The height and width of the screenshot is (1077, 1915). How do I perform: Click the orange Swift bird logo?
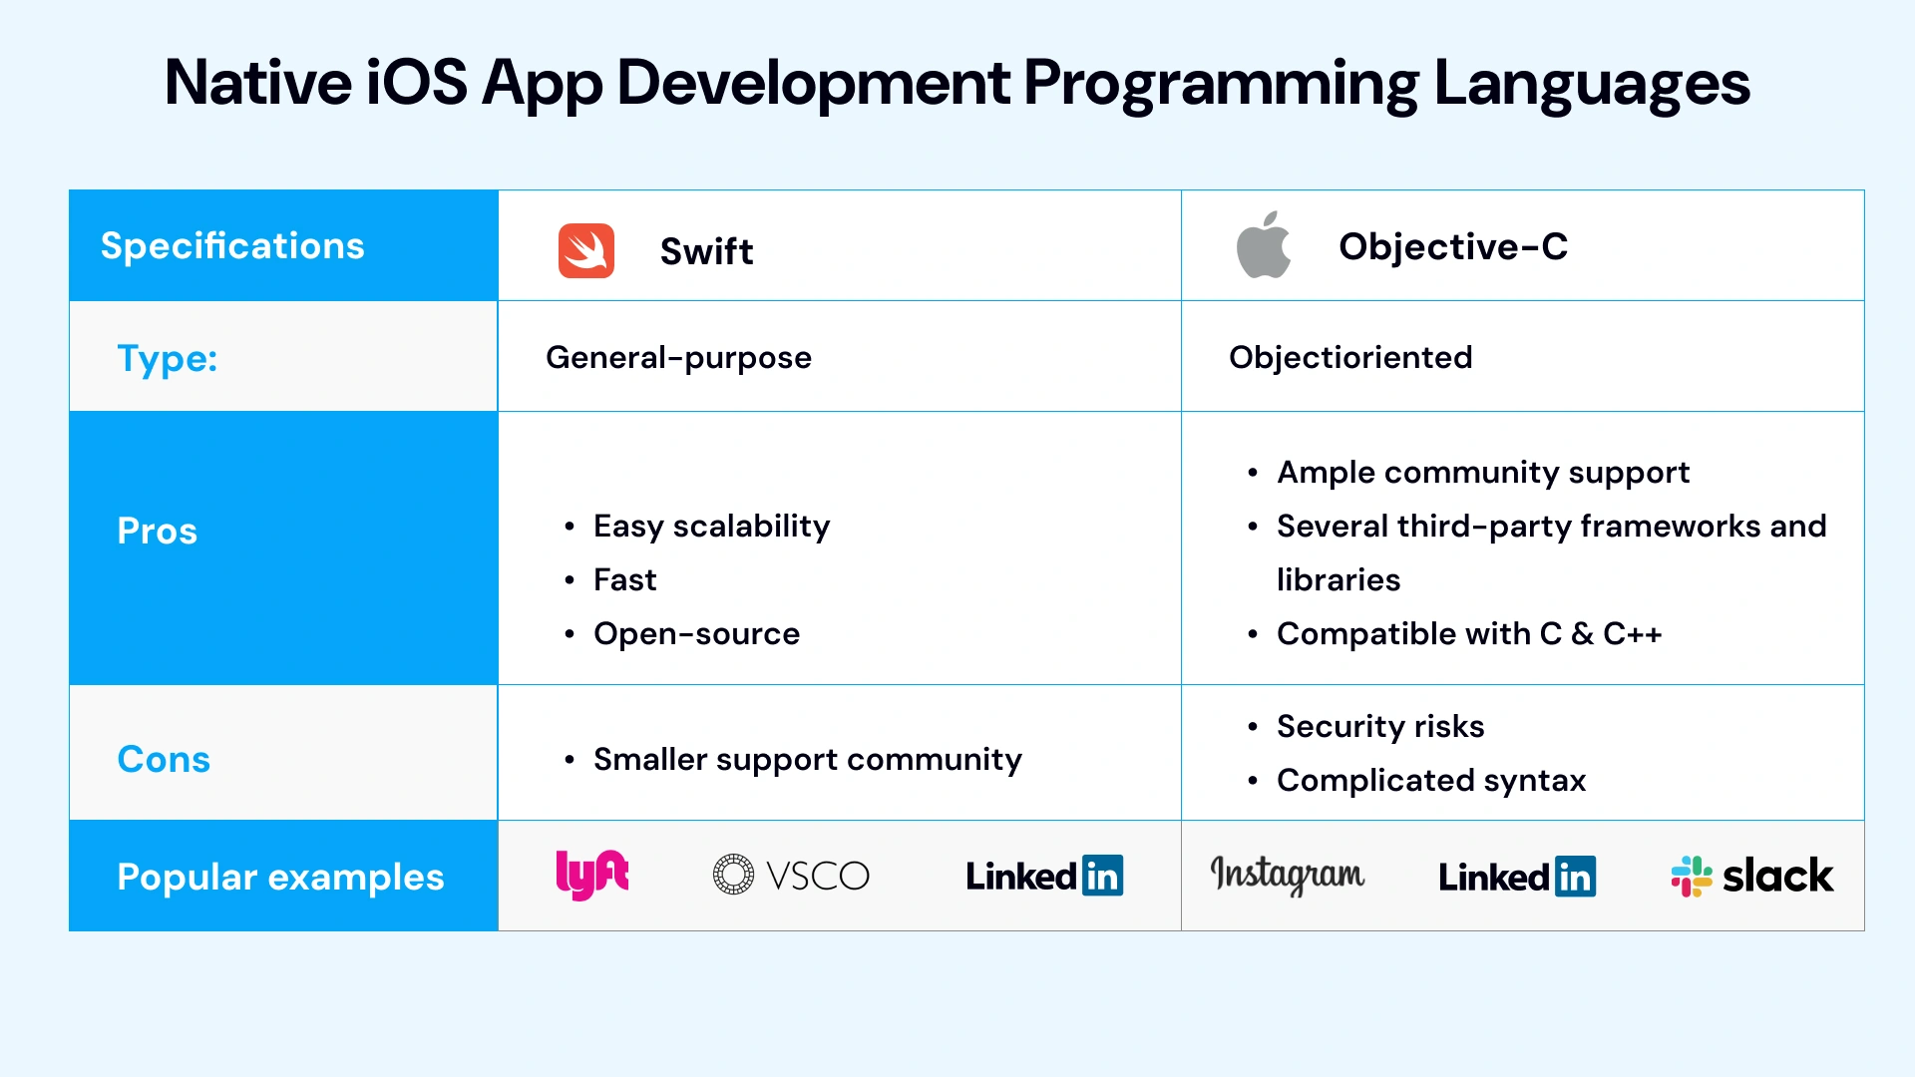point(585,250)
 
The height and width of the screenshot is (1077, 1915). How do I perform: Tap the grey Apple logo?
point(1263,245)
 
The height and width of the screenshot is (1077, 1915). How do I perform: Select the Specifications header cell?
point(232,245)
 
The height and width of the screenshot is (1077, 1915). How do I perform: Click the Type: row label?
point(167,358)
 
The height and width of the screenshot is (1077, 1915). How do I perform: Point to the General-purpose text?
point(678,357)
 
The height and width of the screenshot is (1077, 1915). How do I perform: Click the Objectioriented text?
point(1349,357)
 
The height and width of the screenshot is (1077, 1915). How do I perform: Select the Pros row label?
point(157,531)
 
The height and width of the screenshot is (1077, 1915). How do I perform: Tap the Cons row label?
point(164,759)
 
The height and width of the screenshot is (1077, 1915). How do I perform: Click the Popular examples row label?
point(280,877)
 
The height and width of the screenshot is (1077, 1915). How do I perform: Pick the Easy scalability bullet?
point(711,526)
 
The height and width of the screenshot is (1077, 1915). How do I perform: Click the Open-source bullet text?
point(696,633)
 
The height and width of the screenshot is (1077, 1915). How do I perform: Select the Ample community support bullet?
point(1482,472)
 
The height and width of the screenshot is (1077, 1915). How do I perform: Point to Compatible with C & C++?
point(1468,633)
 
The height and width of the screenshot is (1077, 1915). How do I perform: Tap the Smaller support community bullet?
point(807,759)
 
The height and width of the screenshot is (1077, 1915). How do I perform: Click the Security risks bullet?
point(1379,726)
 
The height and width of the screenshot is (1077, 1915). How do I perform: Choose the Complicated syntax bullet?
point(1430,780)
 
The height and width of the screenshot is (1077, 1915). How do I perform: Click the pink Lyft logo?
point(591,875)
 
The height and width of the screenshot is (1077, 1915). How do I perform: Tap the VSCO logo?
point(791,876)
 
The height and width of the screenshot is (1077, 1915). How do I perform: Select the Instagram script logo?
point(1287,875)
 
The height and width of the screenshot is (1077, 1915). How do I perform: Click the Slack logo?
point(1751,876)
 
